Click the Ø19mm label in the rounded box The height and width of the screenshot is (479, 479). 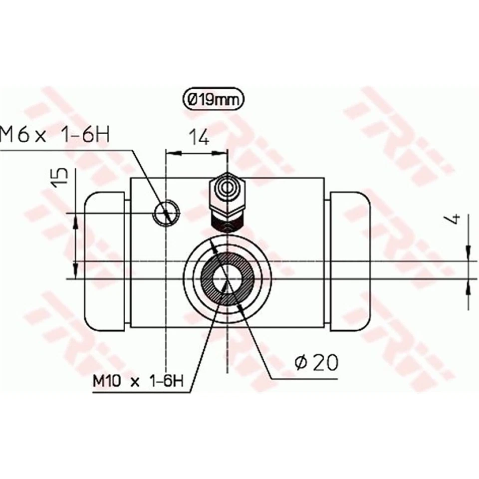(213, 100)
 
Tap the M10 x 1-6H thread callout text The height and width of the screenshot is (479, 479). (139, 382)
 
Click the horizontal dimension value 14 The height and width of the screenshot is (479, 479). (199, 137)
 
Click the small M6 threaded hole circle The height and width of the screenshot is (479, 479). (166, 214)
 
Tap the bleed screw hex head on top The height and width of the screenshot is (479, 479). (228, 190)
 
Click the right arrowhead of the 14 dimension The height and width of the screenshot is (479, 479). (223, 153)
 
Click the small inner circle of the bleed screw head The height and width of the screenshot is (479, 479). (228, 189)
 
